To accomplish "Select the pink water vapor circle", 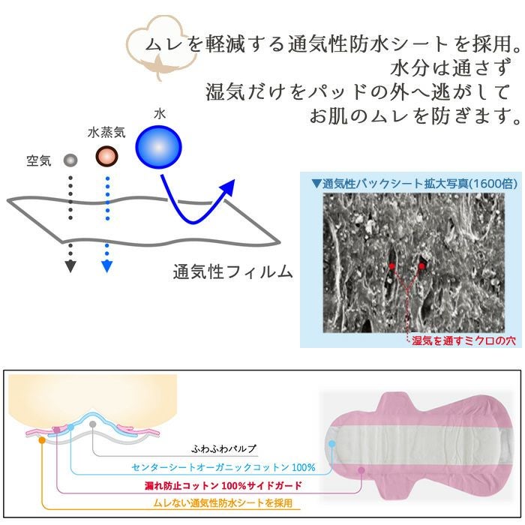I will [x=107, y=157].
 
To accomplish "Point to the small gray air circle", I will [x=70, y=160].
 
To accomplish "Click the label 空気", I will [x=38, y=160].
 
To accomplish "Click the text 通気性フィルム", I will [x=232, y=271].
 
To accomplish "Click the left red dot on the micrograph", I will [x=391, y=266].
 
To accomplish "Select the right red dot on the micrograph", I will [x=422, y=265].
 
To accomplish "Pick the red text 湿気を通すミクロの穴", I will [x=464, y=340].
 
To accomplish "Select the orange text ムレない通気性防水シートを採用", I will [x=223, y=503].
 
